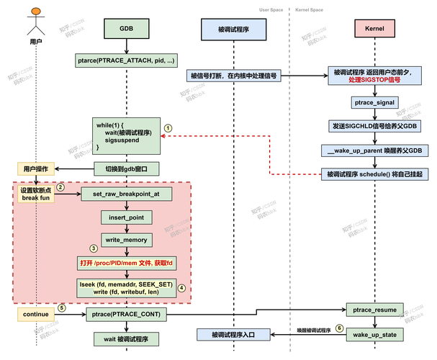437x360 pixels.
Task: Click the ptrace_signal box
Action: click(371, 104)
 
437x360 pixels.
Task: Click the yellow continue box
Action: click(35, 314)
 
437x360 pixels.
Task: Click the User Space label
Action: click(271, 10)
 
